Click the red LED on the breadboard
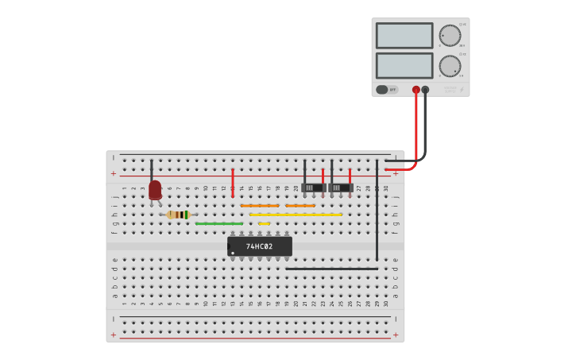pyautogui.click(x=155, y=189)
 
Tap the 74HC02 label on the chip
pyautogui.click(x=259, y=246)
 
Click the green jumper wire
pyautogui.click(x=218, y=224)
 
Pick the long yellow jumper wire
pyautogui.click(x=296, y=215)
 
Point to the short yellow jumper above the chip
pyautogui.click(x=264, y=224)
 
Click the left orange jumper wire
pyautogui.click(x=260, y=206)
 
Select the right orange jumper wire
pyautogui.click(x=300, y=206)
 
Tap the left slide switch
pyautogui.click(x=313, y=188)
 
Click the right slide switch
pyautogui.click(x=341, y=188)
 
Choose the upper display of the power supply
pyautogui.click(x=404, y=36)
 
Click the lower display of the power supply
pyautogui.click(x=404, y=65)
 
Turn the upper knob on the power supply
pyautogui.click(x=450, y=36)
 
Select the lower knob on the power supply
pyautogui.click(x=450, y=66)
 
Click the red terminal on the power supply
pyautogui.click(x=416, y=90)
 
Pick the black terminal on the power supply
pyautogui.click(x=425, y=90)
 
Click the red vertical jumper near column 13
pyautogui.click(x=233, y=183)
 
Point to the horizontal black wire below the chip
pyautogui.click(x=332, y=269)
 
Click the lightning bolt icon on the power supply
pyautogui.click(x=461, y=90)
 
